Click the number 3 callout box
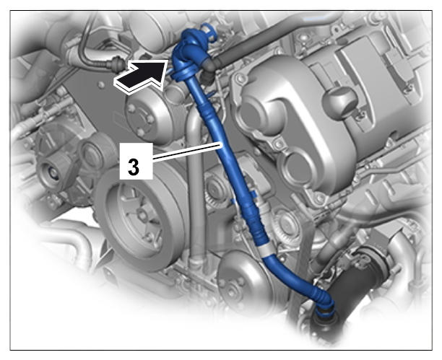(x=136, y=161)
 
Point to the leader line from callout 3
(x=187, y=152)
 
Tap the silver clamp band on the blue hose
(x=267, y=249)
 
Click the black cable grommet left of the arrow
(x=117, y=65)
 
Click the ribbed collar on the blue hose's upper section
(x=209, y=114)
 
